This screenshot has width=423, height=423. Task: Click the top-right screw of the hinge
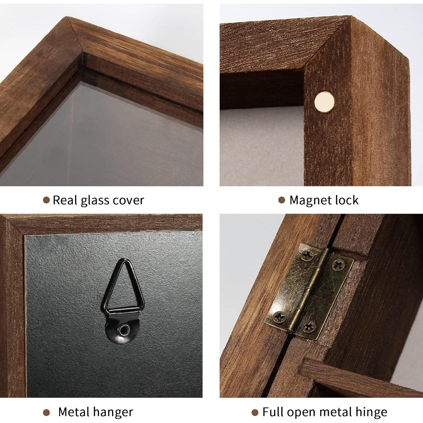pyautogui.click(x=338, y=265)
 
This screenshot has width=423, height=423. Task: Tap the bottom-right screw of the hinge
pyautogui.click(x=309, y=327)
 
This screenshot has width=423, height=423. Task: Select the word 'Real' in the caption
pyautogui.click(x=65, y=200)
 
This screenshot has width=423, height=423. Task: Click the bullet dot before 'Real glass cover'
pyautogui.click(x=46, y=201)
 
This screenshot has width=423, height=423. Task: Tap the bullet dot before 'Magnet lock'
pyautogui.click(x=281, y=200)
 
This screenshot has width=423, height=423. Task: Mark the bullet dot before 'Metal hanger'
pyautogui.click(x=46, y=413)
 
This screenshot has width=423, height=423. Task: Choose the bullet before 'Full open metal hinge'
pyautogui.click(x=255, y=413)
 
